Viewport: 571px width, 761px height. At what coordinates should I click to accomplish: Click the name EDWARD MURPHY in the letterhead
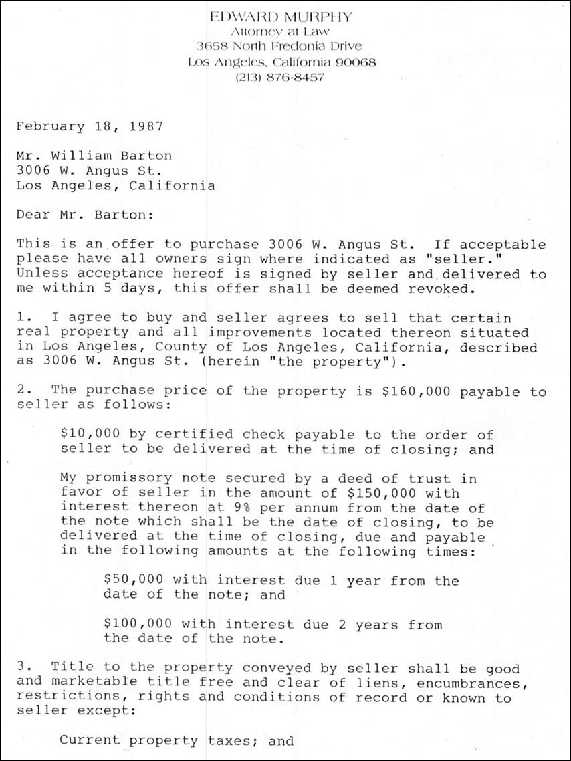(x=280, y=17)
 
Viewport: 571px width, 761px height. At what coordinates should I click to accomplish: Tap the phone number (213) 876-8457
(x=280, y=78)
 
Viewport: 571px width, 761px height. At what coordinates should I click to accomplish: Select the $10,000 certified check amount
(x=86, y=435)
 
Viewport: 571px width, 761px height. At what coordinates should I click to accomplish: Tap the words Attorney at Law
(x=280, y=32)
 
